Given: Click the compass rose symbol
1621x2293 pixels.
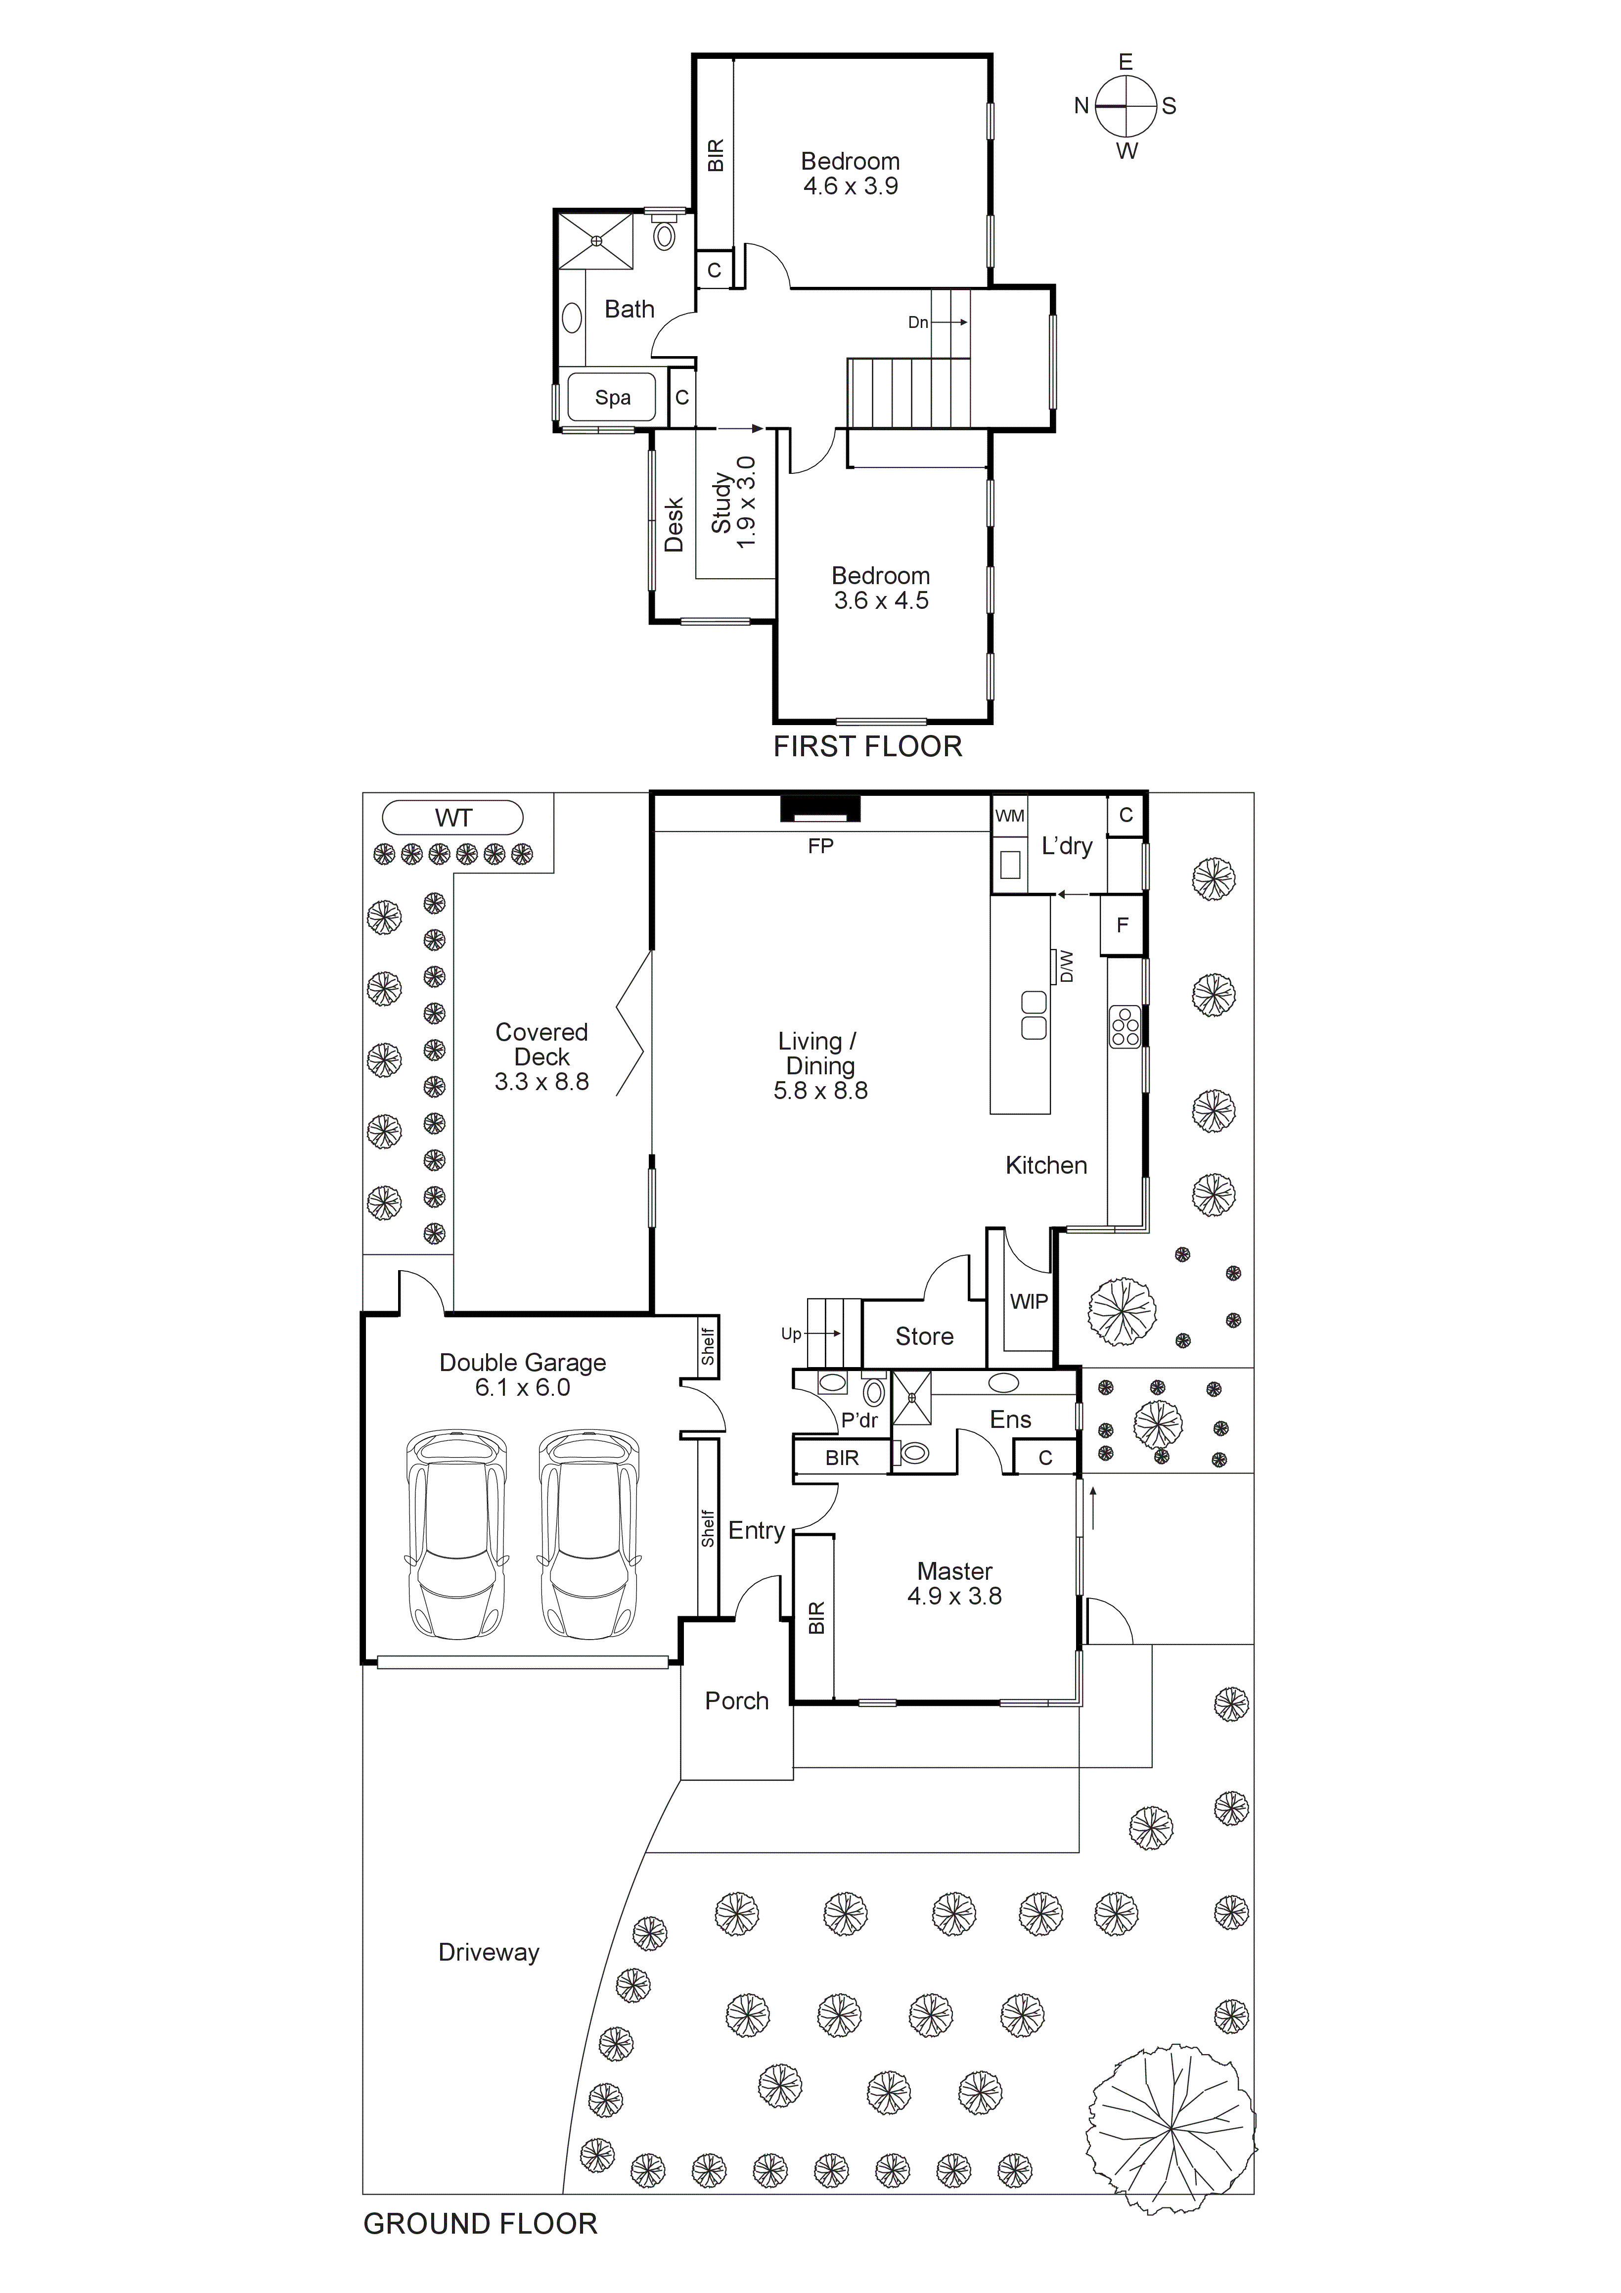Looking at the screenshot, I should [1126, 106].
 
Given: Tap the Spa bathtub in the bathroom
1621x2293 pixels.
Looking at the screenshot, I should [612, 398].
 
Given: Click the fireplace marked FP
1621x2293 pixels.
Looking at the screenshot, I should [820, 808].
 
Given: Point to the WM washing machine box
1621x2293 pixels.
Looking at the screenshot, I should [1010, 816].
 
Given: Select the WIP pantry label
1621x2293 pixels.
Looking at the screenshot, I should [1029, 1301].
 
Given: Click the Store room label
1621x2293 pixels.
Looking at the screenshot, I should [924, 1336].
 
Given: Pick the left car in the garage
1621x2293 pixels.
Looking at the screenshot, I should [456, 1535].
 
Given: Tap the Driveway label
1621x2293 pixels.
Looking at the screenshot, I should [489, 1952].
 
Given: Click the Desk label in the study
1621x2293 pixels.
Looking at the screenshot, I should [674, 524].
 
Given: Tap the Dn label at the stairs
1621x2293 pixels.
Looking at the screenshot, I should [918, 322].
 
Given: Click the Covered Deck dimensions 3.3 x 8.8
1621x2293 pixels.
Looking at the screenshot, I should [541, 1082].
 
